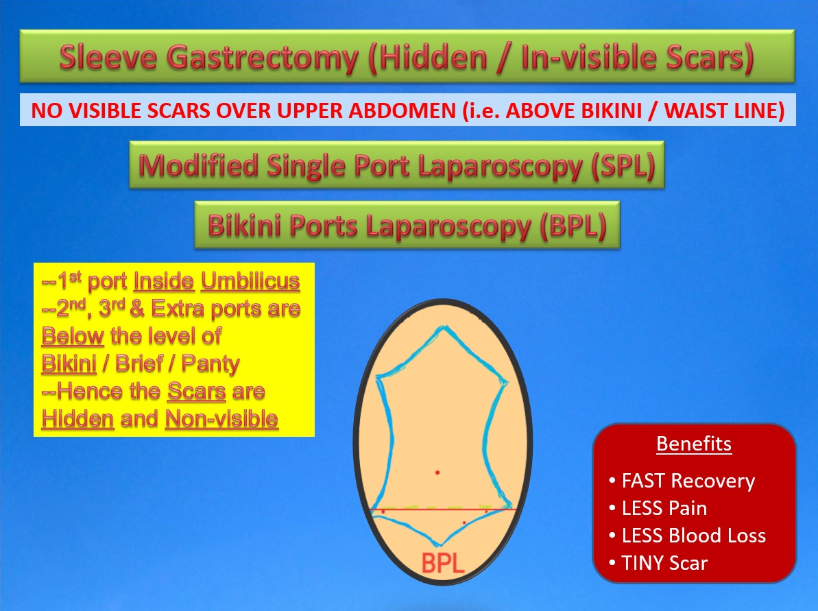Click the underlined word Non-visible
click(221, 419)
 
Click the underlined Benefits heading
click(693, 444)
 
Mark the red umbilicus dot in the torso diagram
click(437, 472)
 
